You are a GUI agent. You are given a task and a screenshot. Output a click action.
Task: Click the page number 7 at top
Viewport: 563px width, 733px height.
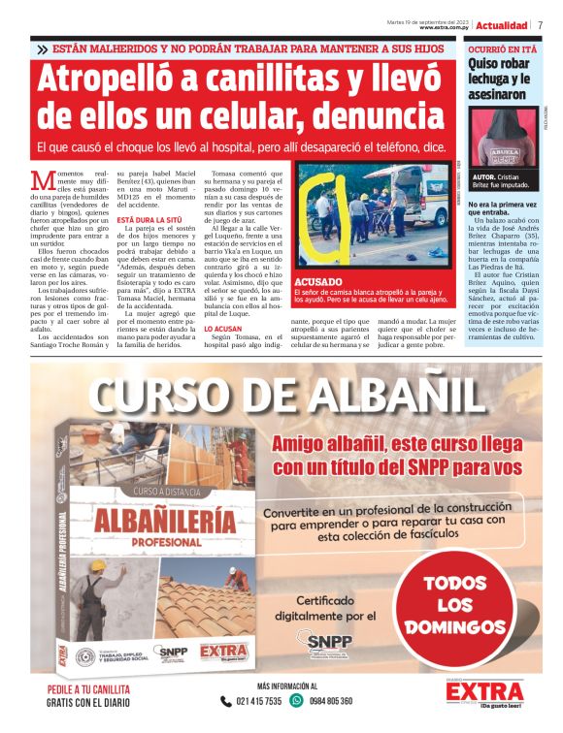pos(540,24)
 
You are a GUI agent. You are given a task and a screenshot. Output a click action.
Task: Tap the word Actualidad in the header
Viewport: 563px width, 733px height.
pos(502,24)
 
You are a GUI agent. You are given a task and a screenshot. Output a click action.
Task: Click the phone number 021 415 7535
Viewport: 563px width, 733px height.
pos(258,700)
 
